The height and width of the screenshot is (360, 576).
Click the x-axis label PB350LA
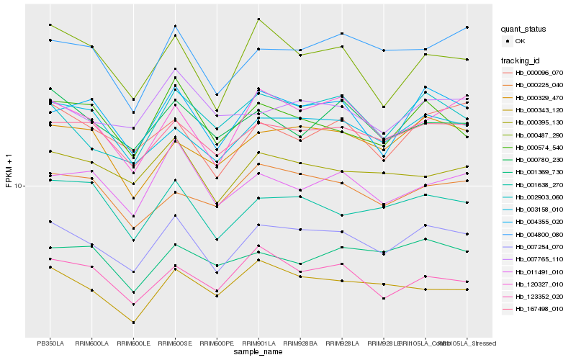pos(50,343)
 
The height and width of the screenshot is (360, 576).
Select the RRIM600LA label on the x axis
pos(91,343)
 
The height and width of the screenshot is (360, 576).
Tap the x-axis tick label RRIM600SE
pos(175,343)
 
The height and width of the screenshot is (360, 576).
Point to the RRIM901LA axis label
pos(258,343)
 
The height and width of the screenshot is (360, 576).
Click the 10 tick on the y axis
pos(19,186)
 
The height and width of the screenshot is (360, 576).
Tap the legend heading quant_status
pos(523,30)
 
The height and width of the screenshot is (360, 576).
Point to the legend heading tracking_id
pos(521,60)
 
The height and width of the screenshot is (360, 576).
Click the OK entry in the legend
pos(520,41)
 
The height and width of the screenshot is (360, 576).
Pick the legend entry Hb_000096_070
pos(537,73)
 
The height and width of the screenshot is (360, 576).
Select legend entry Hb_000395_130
pos(537,122)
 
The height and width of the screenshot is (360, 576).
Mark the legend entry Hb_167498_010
pos(537,308)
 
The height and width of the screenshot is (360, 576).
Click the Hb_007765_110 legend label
pos(537,258)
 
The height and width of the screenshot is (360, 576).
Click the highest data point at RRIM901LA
pos(258,19)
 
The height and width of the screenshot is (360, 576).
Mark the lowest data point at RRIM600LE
pos(133,323)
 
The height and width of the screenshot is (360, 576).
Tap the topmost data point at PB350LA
pos(50,24)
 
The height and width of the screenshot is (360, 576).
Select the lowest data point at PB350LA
pos(50,267)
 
